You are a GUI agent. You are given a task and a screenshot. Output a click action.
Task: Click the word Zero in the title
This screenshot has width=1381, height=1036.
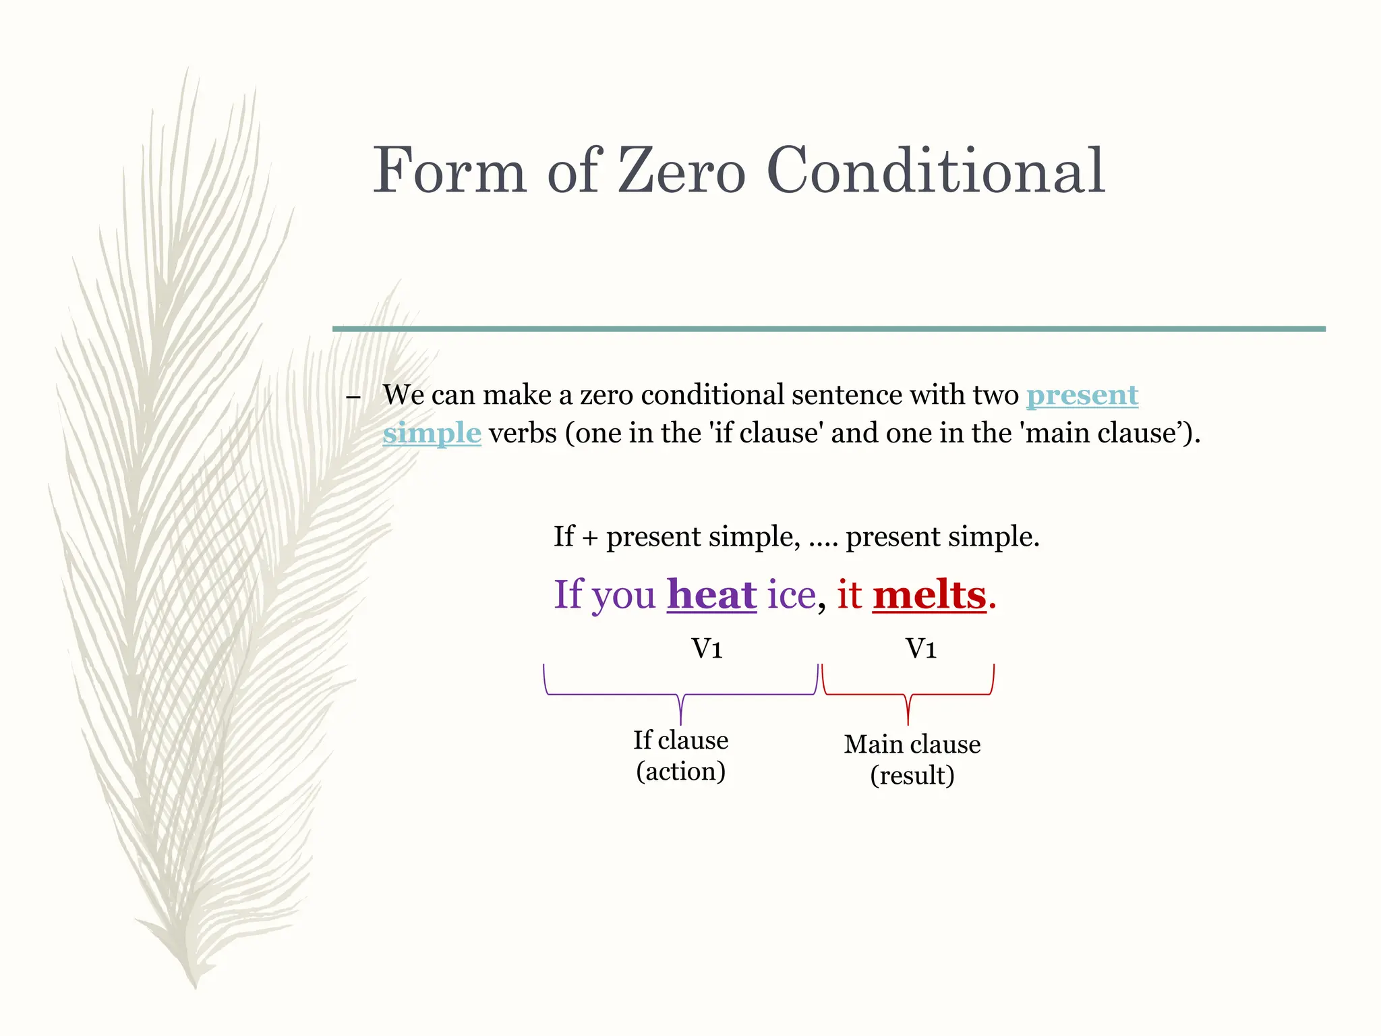pyautogui.click(x=681, y=171)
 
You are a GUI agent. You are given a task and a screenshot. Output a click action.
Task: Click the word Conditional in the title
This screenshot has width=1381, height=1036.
pyautogui.click(x=935, y=171)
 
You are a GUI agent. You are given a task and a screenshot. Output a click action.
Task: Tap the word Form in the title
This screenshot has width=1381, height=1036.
pyautogui.click(x=449, y=171)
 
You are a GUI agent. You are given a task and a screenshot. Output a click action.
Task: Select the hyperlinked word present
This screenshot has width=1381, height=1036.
pyautogui.click(x=1082, y=395)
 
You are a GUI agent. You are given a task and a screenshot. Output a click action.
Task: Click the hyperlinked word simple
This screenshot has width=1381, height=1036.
pyautogui.click(x=432, y=433)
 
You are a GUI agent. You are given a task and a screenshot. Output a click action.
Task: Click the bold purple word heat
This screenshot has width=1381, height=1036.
pyautogui.click(x=711, y=595)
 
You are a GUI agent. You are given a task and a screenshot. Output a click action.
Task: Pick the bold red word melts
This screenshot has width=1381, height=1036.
pyautogui.click(x=929, y=595)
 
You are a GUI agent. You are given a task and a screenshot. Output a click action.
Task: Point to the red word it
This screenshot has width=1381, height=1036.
pyautogui.click(x=849, y=595)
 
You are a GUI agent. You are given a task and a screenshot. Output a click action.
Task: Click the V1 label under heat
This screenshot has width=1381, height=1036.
pyautogui.click(x=707, y=649)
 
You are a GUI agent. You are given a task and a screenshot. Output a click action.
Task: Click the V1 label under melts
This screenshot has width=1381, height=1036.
pyautogui.click(x=920, y=649)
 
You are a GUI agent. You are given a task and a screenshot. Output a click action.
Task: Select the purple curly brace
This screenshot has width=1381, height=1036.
pyautogui.click(x=681, y=695)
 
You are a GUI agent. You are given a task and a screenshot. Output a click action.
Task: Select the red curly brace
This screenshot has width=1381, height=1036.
pyautogui.click(x=908, y=695)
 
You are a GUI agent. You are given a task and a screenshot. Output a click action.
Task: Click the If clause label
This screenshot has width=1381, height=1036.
pyautogui.click(x=680, y=740)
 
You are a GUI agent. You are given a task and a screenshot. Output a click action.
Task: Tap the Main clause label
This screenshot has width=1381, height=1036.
pyautogui.click(x=912, y=744)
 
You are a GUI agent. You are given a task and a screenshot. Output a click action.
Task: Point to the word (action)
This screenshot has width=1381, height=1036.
pyautogui.click(x=680, y=772)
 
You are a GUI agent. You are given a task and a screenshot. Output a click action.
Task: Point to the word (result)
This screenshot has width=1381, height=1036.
pyautogui.click(x=912, y=776)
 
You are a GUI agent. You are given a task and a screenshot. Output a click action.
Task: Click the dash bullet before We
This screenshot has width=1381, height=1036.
pyautogui.click(x=353, y=397)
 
